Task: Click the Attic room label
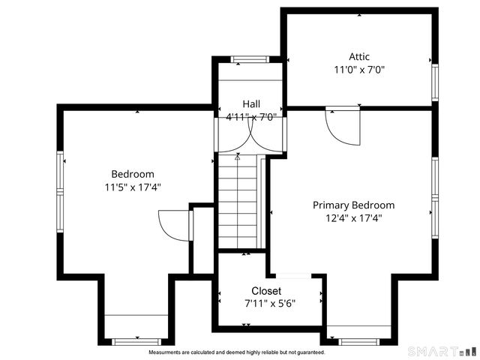coord(359,56)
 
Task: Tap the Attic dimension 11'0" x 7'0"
coord(359,70)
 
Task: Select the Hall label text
coord(251,103)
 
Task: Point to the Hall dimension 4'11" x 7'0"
coord(251,116)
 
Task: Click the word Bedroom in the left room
coord(133,174)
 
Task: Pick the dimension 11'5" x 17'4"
coord(133,187)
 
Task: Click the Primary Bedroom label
coord(353,205)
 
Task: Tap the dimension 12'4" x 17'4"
coord(353,218)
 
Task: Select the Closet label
coord(266,291)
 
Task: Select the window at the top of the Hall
coord(249,59)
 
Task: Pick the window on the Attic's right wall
coord(434,82)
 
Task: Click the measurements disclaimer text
coord(237,352)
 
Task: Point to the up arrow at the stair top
coord(238,157)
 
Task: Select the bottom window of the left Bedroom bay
coord(136,342)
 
